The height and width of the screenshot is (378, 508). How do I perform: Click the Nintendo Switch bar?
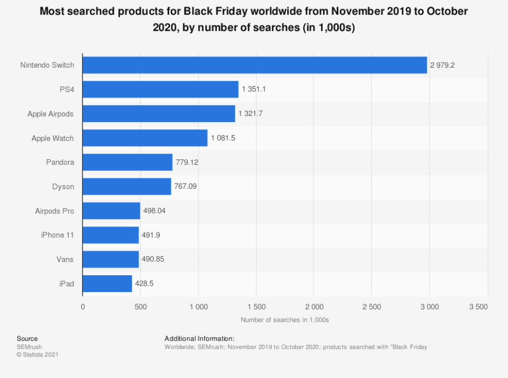(255, 65)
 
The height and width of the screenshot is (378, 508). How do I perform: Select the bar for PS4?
(160, 89)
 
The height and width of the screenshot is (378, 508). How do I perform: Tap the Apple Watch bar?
(145, 138)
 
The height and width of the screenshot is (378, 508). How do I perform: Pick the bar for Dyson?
(127, 187)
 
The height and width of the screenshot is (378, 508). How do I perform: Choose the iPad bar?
(107, 284)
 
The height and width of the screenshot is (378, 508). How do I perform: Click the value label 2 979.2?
(444, 66)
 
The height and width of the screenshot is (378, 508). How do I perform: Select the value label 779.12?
(187, 163)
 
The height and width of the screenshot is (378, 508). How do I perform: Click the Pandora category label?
(60, 163)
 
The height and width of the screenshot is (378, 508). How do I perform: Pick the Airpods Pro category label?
(54, 211)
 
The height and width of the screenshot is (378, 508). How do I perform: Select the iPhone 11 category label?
(58, 235)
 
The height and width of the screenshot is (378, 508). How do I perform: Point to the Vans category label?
(65, 260)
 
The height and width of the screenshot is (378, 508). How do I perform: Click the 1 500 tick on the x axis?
(256, 306)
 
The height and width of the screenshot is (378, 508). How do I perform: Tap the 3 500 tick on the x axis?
(478, 306)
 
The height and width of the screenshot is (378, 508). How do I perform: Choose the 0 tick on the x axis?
(83, 306)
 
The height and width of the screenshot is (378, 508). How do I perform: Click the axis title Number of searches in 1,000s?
(284, 320)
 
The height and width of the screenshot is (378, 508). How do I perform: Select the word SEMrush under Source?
(29, 347)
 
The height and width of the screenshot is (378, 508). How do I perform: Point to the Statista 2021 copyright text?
(37, 355)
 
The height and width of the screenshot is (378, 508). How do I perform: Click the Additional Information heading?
(199, 339)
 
